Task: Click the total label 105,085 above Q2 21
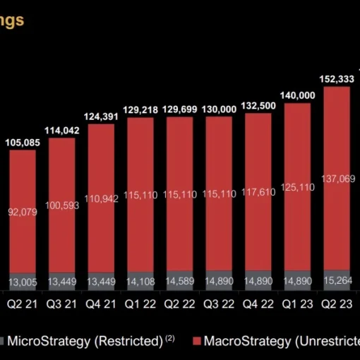coord(23,143)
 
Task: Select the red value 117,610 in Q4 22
coord(260,194)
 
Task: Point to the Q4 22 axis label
coord(260,305)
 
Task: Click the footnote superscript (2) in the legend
coord(170,338)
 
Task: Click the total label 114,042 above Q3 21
coord(62,131)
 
